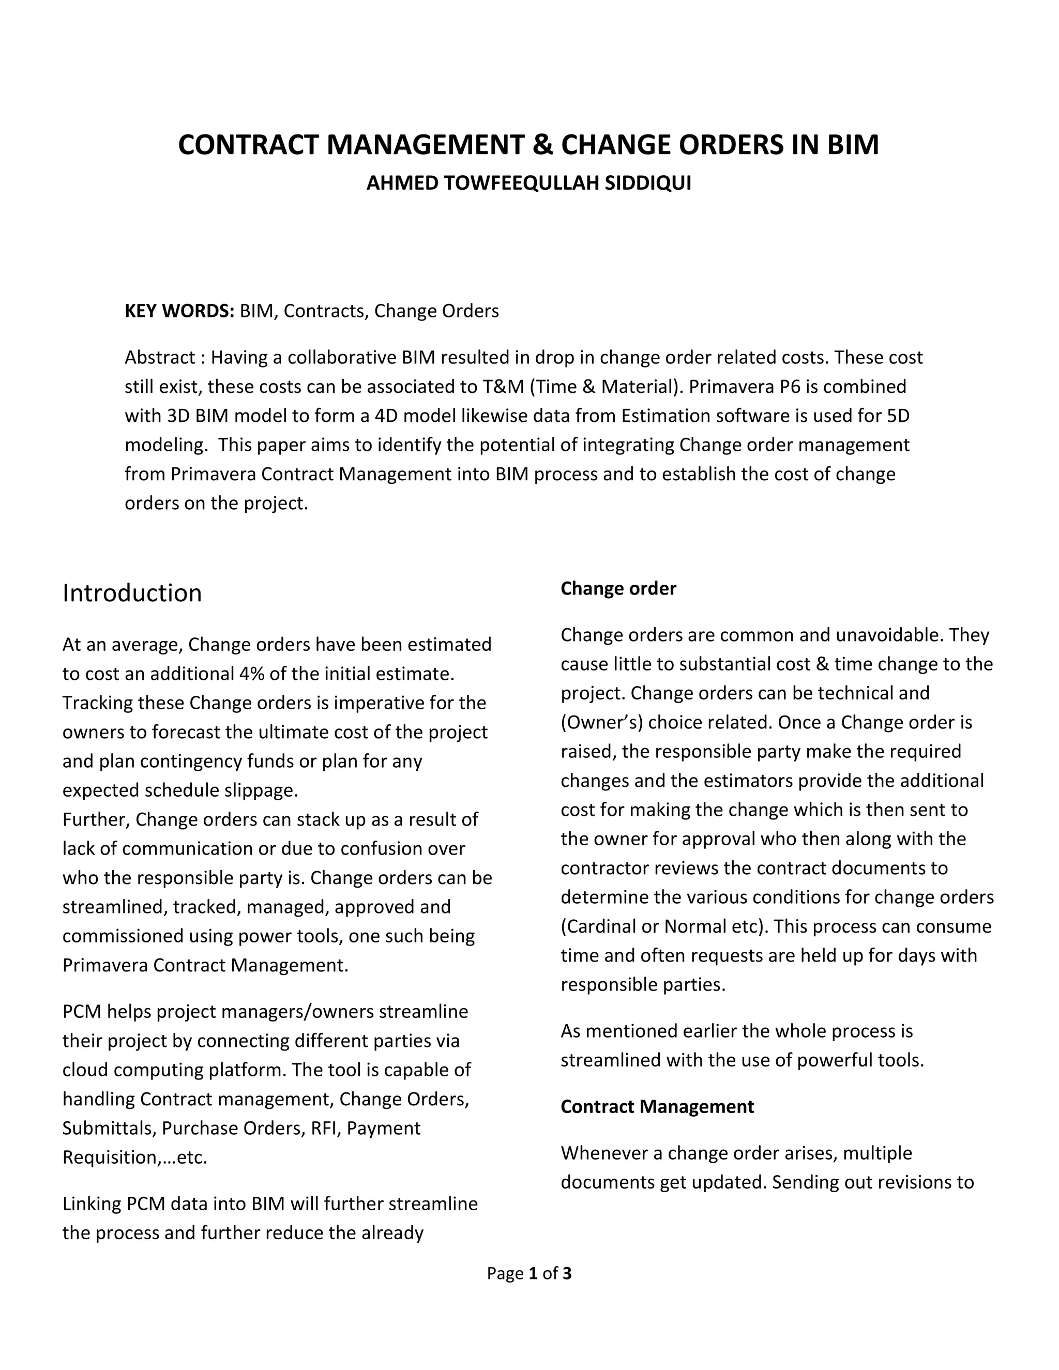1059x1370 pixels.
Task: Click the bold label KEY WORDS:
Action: coord(179,311)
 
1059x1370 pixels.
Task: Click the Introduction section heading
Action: coord(132,593)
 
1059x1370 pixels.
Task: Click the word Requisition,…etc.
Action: coord(135,1158)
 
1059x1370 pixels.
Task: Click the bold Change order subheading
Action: coord(618,588)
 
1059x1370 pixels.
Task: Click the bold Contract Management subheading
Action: coord(657,1106)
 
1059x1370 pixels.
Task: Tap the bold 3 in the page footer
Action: coord(567,1273)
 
